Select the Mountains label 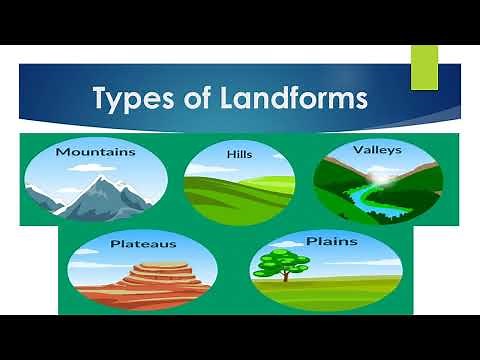pyautogui.click(x=95, y=152)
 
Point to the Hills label pyautogui.click(x=240, y=155)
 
